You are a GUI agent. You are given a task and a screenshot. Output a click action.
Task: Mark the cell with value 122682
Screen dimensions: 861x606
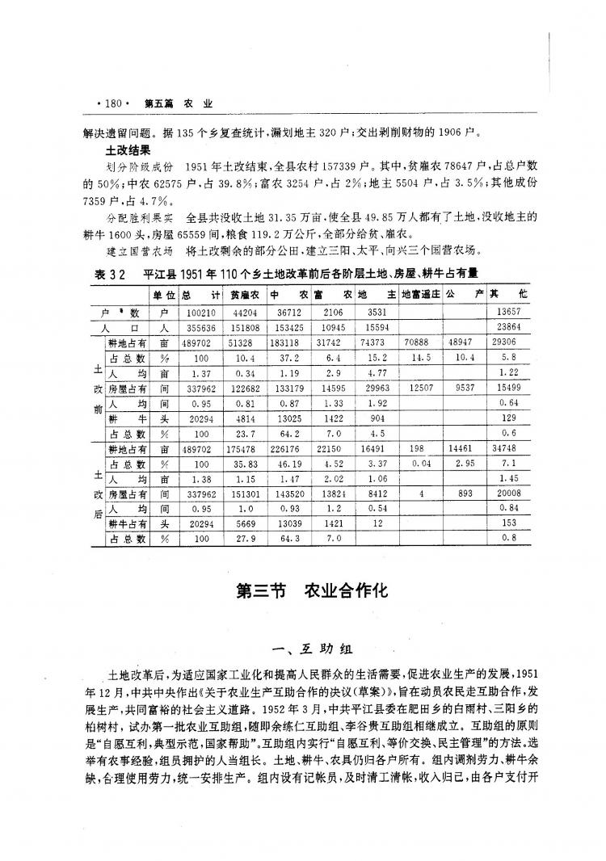pos(243,387)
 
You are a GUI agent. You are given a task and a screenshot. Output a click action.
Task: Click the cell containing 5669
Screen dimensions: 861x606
pos(243,523)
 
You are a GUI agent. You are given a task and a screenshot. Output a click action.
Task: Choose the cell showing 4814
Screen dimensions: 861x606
pos(243,418)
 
